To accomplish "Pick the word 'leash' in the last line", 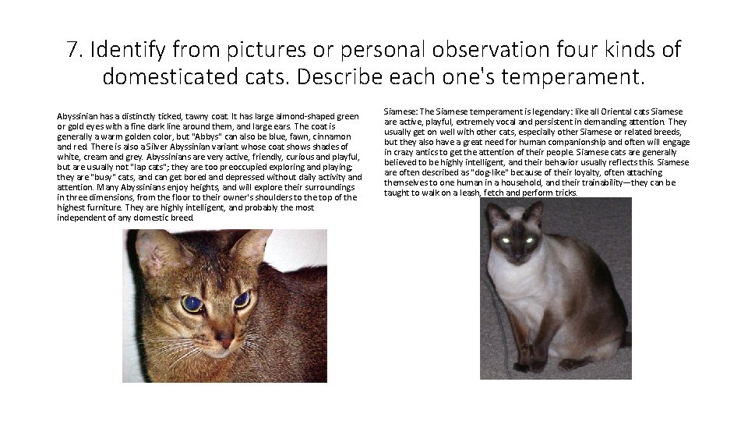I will tap(467, 193).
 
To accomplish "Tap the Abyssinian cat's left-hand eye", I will tap(192, 302).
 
